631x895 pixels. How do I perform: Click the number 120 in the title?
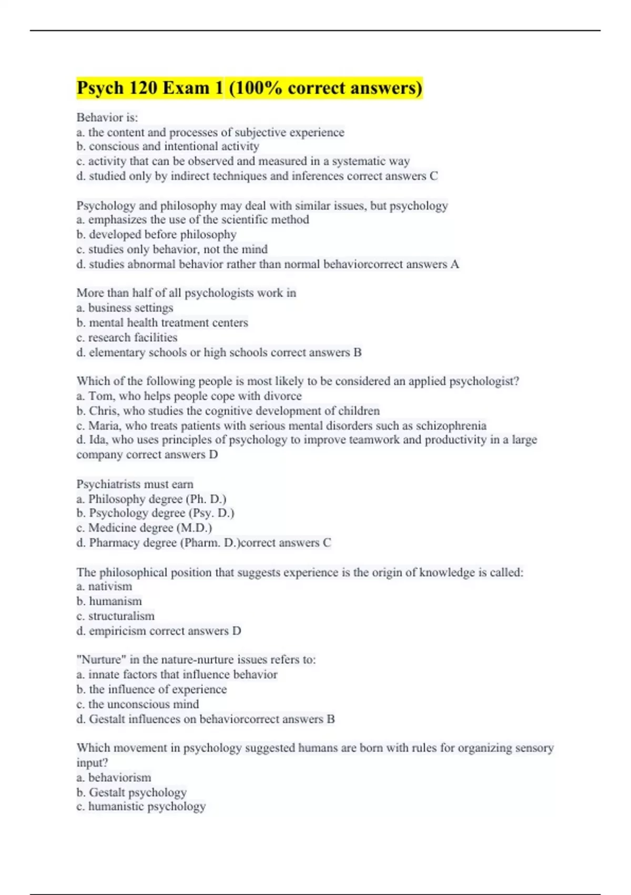click(x=141, y=87)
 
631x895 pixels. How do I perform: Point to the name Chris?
click(x=103, y=411)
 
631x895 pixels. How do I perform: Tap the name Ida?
click(x=97, y=440)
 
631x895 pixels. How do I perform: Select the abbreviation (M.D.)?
click(x=194, y=528)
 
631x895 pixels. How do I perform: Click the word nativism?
click(x=110, y=586)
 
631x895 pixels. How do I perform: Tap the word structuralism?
click(x=121, y=616)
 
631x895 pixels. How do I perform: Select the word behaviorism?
click(x=119, y=778)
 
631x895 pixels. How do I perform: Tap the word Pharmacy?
click(x=112, y=543)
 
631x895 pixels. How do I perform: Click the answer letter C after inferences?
click(x=434, y=176)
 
